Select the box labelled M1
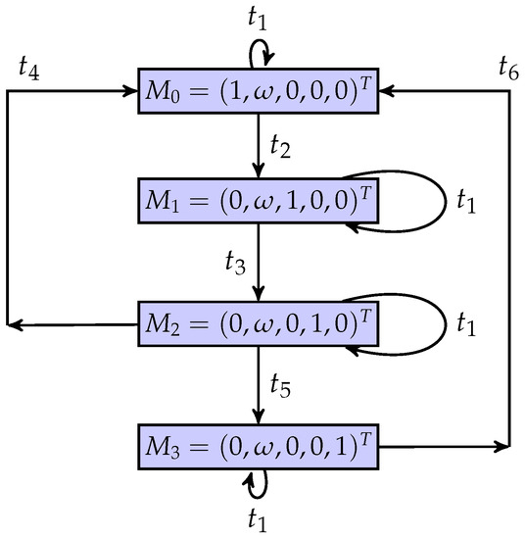pos(258,208)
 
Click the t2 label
pos(281,151)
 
